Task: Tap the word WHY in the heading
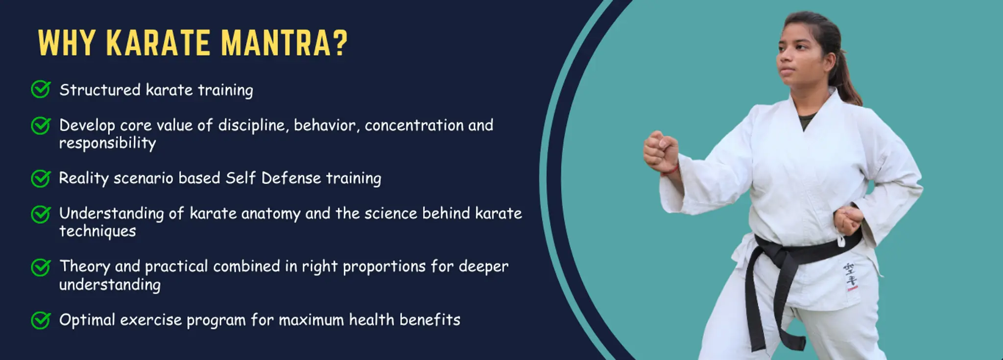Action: click(67, 43)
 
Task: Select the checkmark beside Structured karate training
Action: click(41, 90)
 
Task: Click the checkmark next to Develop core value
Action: click(41, 125)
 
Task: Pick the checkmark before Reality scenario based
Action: click(41, 178)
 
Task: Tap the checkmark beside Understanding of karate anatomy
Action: click(41, 214)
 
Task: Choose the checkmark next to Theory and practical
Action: click(41, 267)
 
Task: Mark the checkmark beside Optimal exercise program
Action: click(41, 320)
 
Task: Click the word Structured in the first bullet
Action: click(100, 90)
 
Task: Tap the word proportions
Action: click(384, 267)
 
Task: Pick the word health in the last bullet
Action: click(371, 320)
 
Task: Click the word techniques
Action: click(97, 231)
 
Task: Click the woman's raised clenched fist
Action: click(661, 149)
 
